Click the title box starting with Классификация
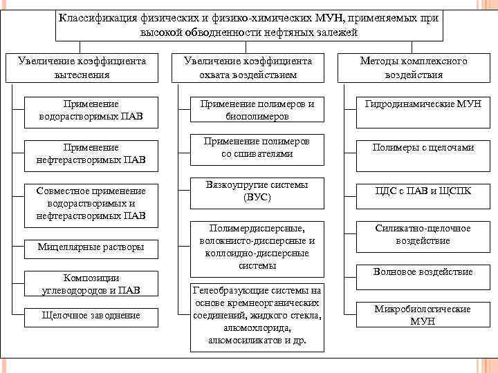(249, 25)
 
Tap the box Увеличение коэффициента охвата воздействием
(248, 67)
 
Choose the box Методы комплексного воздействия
(414, 67)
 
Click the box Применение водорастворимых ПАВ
(91, 110)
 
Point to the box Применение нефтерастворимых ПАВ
(91, 153)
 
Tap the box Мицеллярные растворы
(92, 247)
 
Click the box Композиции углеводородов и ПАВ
(92, 284)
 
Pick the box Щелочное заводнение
(92, 315)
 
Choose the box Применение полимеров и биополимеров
(257, 110)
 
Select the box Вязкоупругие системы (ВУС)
(257, 191)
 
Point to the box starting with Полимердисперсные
(257, 247)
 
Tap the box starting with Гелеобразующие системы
(257, 315)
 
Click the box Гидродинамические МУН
(423, 104)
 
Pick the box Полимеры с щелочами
(423, 147)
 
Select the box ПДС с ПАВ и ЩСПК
(423, 191)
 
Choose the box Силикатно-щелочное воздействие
(423, 234)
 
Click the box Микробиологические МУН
(423, 315)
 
